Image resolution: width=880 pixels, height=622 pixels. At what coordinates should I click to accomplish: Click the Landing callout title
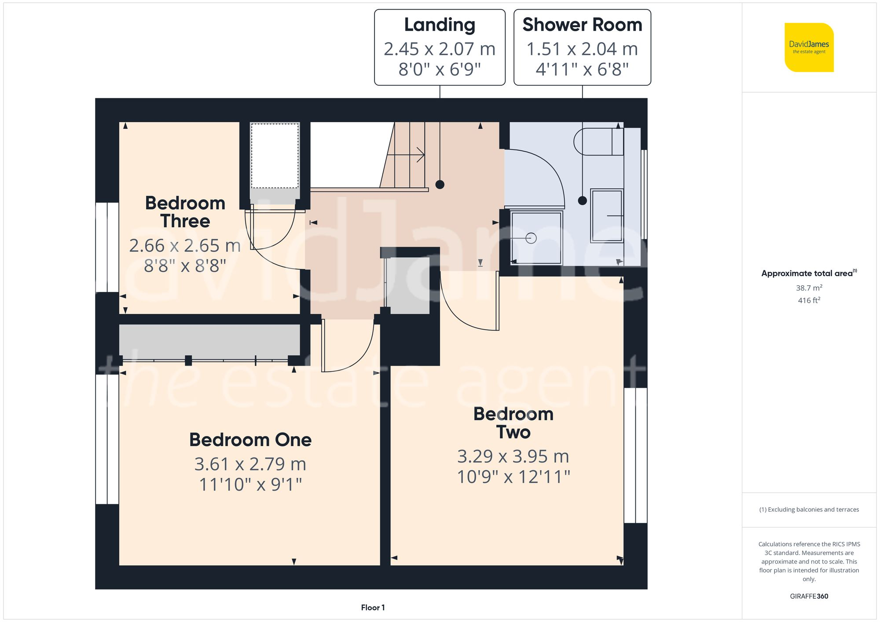click(440, 25)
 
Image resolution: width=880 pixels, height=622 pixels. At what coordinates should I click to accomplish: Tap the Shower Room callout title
click(582, 25)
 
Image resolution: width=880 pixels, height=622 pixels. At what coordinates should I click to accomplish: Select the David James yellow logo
click(809, 47)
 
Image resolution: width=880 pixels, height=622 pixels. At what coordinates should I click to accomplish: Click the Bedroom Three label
click(185, 212)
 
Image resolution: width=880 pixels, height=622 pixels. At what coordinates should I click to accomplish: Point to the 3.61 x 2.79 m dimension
click(250, 464)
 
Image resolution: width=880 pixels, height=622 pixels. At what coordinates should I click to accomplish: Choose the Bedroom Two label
click(513, 423)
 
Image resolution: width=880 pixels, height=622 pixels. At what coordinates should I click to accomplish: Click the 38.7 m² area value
click(809, 288)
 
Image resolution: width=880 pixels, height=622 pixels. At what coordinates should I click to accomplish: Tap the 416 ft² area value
click(809, 300)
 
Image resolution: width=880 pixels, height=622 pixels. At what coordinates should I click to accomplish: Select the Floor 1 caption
click(373, 607)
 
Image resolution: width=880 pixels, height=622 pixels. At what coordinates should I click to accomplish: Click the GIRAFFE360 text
click(809, 597)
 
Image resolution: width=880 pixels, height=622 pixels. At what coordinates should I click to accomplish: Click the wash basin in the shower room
click(607, 216)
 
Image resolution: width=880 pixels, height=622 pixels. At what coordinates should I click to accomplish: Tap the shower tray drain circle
click(531, 238)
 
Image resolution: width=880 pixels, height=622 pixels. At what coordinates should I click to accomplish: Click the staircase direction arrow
click(420, 155)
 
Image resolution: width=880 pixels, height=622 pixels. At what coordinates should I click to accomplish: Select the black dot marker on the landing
click(440, 185)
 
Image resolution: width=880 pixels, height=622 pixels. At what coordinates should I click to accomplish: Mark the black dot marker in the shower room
click(582, 201)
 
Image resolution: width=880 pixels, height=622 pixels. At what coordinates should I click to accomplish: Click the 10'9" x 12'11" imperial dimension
click(513, 477)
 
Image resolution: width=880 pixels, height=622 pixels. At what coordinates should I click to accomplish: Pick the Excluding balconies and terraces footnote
click(809, 509)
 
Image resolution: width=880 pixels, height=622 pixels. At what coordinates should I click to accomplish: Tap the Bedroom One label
click(250, 440)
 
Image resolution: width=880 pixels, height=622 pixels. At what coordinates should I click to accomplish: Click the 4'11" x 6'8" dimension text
click(582, 69)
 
